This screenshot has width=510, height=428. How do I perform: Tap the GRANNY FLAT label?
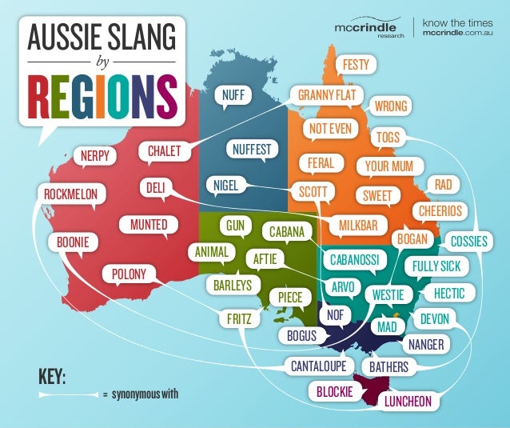coord(326,96)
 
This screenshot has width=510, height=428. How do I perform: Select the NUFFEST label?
coord(252,149)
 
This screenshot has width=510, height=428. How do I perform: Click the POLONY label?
coord(129,274)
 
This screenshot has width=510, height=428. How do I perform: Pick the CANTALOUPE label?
coord(318,366)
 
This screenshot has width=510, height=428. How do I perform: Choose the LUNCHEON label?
coord(408,400)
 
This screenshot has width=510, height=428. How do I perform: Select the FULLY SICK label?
coord(437,266)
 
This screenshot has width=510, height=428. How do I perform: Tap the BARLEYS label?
coord(232,284)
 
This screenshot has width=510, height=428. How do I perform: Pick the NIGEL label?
coord(222,186)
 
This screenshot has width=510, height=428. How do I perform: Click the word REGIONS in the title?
coord(101,96)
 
